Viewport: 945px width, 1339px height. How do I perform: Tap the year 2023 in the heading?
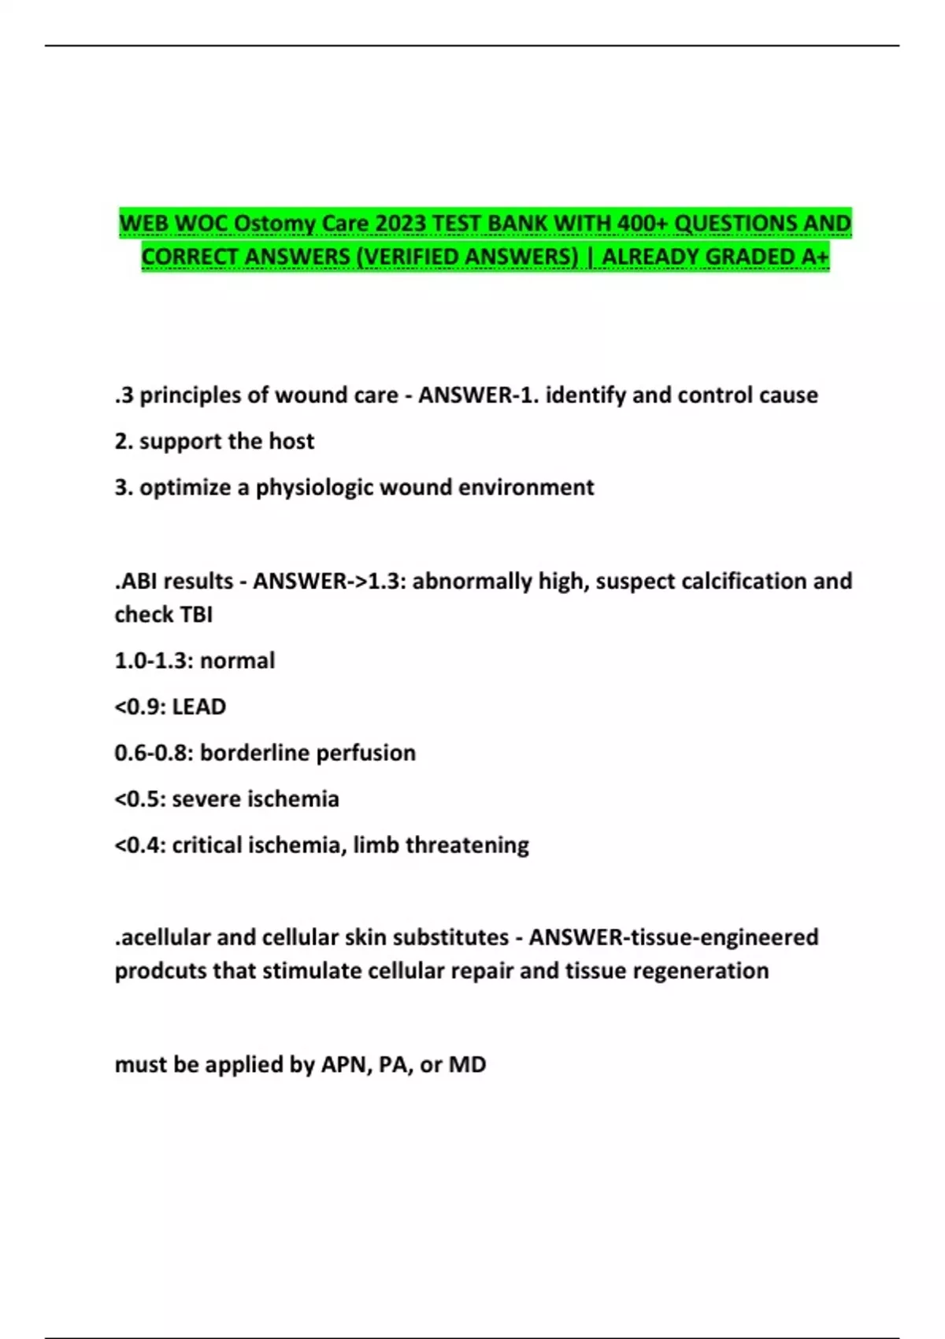[x=401, y=224]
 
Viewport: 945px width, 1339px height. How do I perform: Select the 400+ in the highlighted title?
[x=643, y=224]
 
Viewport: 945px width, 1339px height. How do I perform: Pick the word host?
[x=291, y=441]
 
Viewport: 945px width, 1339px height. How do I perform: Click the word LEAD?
[x=199, y=707]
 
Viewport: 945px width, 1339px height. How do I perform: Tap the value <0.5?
[x=139, y=799]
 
